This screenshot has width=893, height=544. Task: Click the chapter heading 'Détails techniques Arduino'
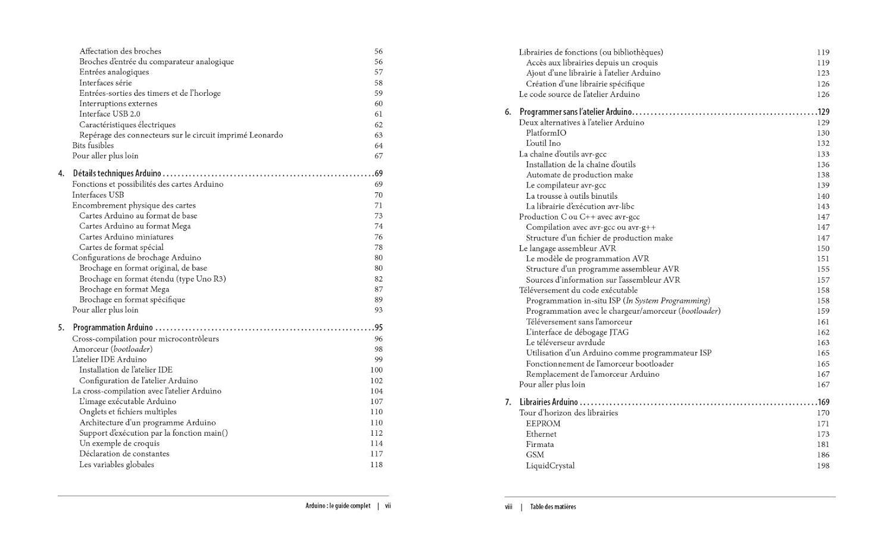pos(117,174)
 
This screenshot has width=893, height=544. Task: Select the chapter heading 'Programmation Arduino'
pos(113,328)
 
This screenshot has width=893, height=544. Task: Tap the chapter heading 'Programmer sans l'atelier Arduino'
pos(575,112)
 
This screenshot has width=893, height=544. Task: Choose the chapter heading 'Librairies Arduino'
pos(548,402)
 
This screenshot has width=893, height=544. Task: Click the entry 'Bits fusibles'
pos(93,146)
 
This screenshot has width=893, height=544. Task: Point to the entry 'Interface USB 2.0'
pos(110,114)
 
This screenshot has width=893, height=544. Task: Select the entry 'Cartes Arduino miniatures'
pos(126,237)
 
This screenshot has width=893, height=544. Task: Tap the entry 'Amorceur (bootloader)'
pos(112,349)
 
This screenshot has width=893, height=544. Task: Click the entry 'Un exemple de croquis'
pos(119,443)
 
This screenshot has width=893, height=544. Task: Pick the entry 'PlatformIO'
pos(546,133)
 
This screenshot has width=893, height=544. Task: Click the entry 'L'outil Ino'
pos(543,143)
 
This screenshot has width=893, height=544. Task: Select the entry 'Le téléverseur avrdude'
pos(565,343)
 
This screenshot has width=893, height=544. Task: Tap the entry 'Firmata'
pos(539,445)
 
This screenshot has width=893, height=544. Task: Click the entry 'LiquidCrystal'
pos(550,466)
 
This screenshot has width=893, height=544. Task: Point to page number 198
pos(823,466)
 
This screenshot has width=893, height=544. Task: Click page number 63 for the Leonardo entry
pos(378,135)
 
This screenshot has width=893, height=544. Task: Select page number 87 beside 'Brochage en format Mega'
pos(378,289)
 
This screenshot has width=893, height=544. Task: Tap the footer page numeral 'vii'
pos(388,506)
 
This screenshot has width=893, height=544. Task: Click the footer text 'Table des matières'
pos(553,507)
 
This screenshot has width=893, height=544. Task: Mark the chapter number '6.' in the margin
pos(508,112)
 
